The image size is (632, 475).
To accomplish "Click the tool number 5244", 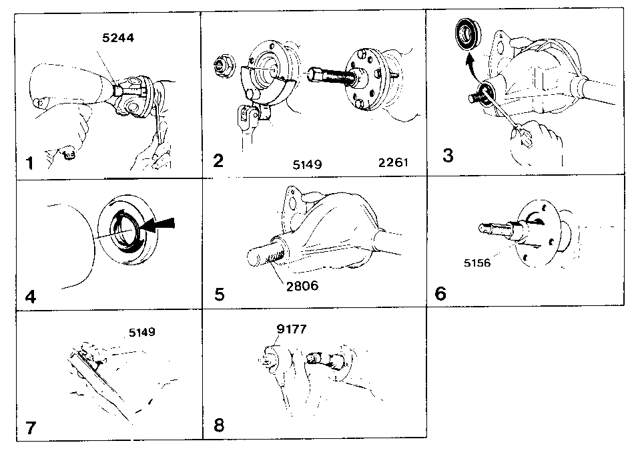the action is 118,38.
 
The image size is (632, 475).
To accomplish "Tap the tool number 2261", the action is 393,162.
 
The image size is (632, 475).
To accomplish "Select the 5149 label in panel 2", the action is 307,164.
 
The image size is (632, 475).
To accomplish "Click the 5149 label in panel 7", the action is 142,332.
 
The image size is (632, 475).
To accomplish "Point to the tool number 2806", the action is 302,286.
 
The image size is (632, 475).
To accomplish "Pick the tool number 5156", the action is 477,263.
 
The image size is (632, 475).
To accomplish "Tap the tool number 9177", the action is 292,329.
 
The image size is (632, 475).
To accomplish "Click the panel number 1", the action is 29,164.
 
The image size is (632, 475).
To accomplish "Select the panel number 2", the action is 218,160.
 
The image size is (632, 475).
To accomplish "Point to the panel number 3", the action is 448,156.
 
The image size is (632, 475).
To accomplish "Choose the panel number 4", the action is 31,297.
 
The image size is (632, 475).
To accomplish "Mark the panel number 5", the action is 220,295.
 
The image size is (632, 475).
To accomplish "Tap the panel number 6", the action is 440,293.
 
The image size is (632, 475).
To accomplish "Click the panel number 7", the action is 31,428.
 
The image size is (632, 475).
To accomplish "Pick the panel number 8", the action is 219,425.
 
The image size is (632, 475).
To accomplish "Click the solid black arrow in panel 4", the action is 158,225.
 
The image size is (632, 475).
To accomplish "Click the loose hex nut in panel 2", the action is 222,65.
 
